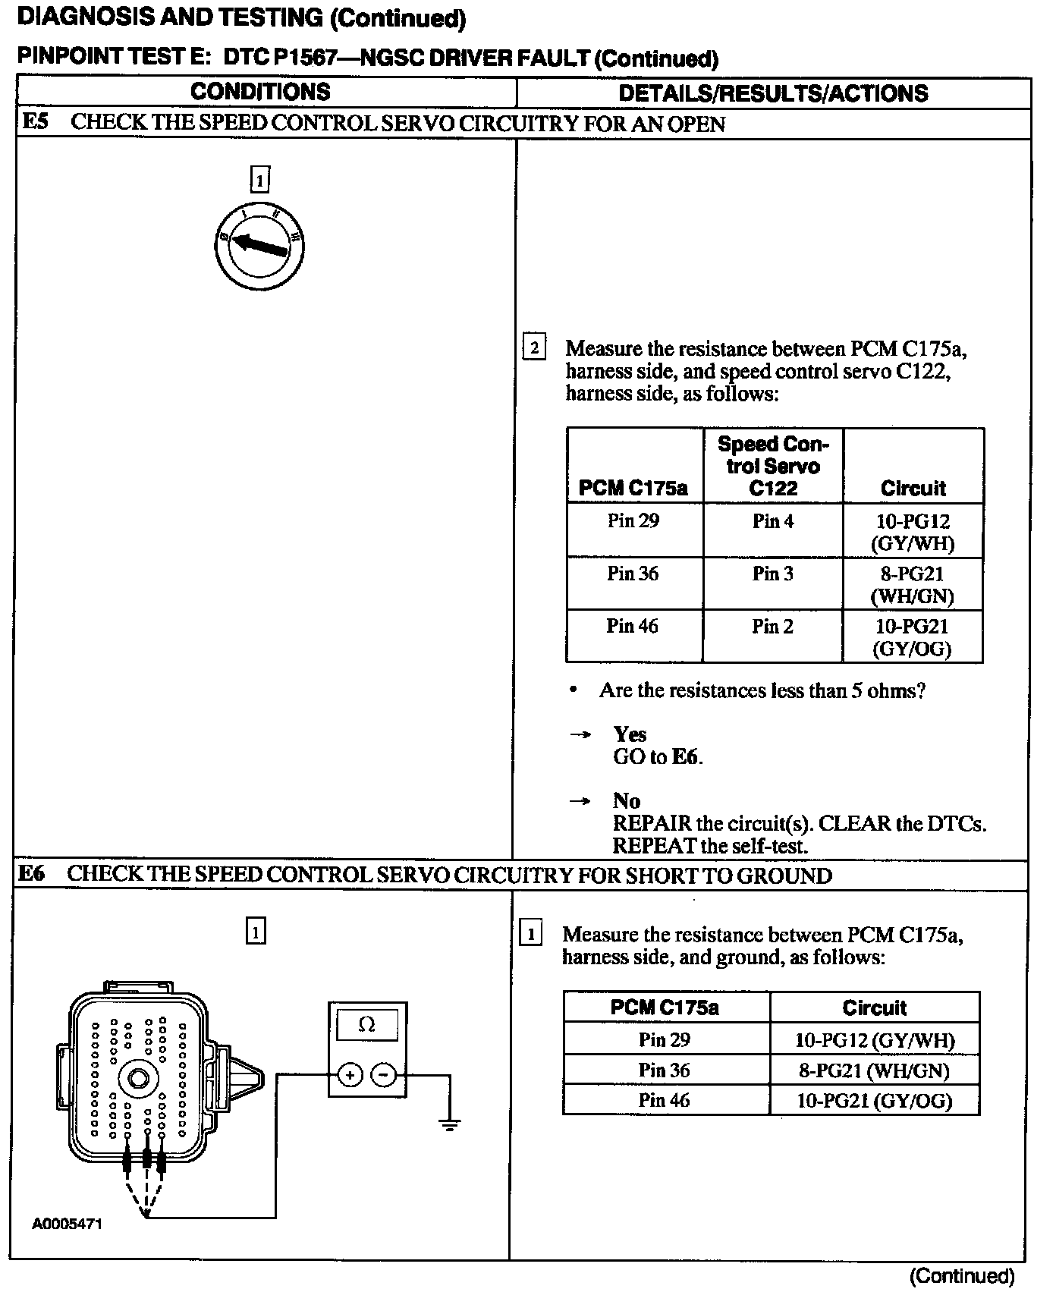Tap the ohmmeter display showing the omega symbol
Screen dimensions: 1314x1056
(366, 1024)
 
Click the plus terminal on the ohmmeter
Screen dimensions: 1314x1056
(350, 1074)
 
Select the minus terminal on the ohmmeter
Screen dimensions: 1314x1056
(384, 1074)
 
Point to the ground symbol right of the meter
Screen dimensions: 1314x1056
(450, 1124)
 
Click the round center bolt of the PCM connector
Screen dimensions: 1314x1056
(138, 1078)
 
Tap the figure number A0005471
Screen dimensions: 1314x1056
(67, 1224)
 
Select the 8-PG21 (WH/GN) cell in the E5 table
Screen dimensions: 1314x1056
(913, 584)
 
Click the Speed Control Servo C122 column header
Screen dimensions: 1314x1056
(773, 465)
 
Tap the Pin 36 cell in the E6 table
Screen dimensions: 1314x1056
(664, 1070)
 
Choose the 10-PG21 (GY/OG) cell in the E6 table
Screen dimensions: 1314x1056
(874, 1100)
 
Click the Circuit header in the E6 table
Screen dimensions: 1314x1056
(874, 1008)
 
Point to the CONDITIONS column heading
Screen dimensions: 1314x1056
(260, 92)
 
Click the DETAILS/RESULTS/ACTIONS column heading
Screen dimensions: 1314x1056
(773, 93)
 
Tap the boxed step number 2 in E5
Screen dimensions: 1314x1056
(534, 348)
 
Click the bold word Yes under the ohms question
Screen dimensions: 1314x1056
(630, 734)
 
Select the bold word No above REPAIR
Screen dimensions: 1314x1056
(627, 800)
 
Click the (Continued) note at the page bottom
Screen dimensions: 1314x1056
(961, 1276)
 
